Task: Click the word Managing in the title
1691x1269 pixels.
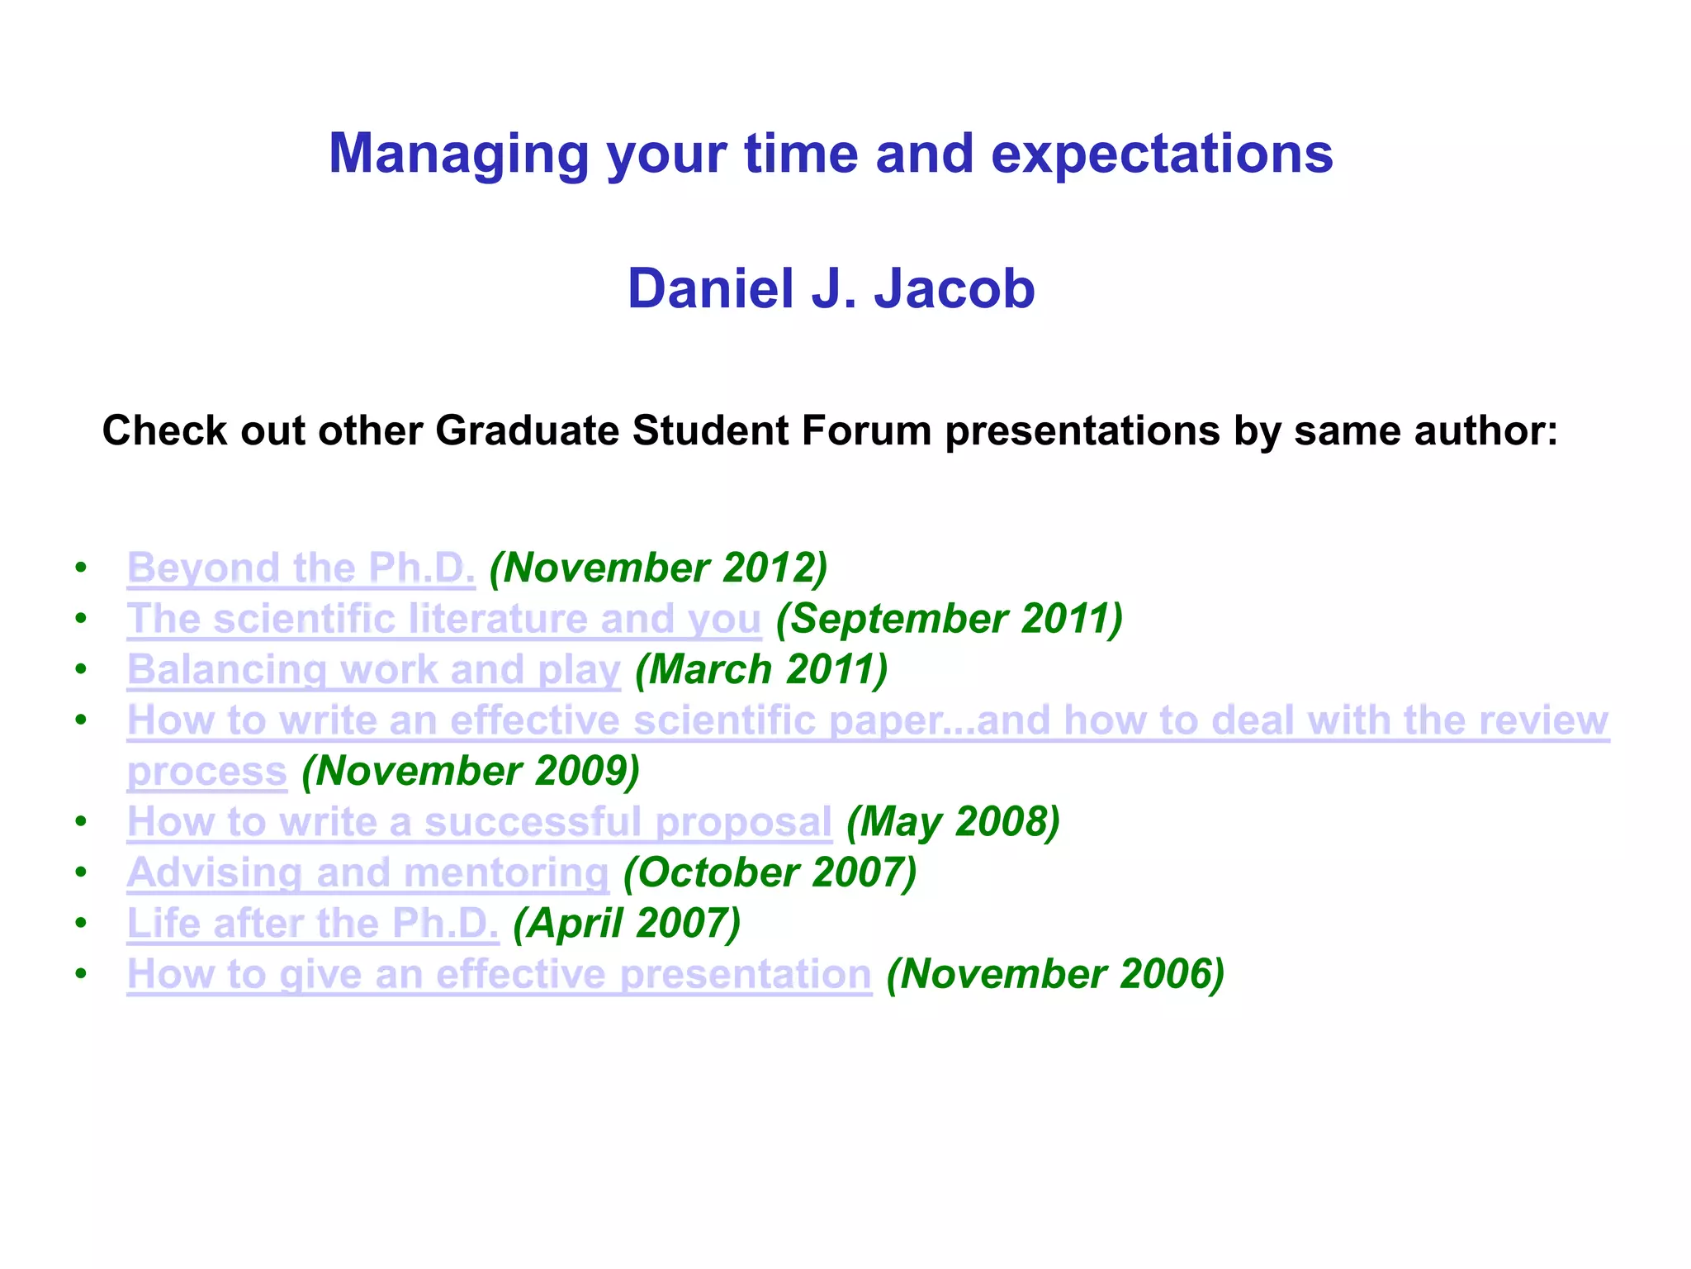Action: pyautogui.click(x=458, y=154)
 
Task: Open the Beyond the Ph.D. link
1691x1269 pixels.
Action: pyautogui.click(x=301, y=568)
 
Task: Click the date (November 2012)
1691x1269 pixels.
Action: pyautogui.click(x=658, y=568)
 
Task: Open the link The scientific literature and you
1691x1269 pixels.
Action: pyautogui.click(x=443, y=620)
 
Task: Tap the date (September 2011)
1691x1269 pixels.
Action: pyautogui.click(x=950, y=620)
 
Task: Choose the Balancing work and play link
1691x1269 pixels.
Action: pyautogui.click(x=373, y=670)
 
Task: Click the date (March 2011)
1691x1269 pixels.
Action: pyautogui.click(x=760, y=670)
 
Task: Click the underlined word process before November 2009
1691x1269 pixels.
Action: pyautogui.click(x=206, y=772)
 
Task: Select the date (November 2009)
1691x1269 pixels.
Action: pyautogui.click(x=471, y=772)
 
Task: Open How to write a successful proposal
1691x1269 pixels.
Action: pyautogui.click(x=479, y=822)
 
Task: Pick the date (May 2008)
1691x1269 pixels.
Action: pyautogui.click(x=953, y=822)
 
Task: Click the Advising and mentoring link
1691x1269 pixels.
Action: pyautogui.click(x=367, y=873)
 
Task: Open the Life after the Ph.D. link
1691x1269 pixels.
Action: pyautogui.click(x=312, y=924)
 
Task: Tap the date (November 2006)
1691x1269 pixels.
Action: pyautogui.click(x=1054, y=974)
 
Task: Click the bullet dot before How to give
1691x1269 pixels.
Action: pyautogui.click(x=80, y=974)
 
